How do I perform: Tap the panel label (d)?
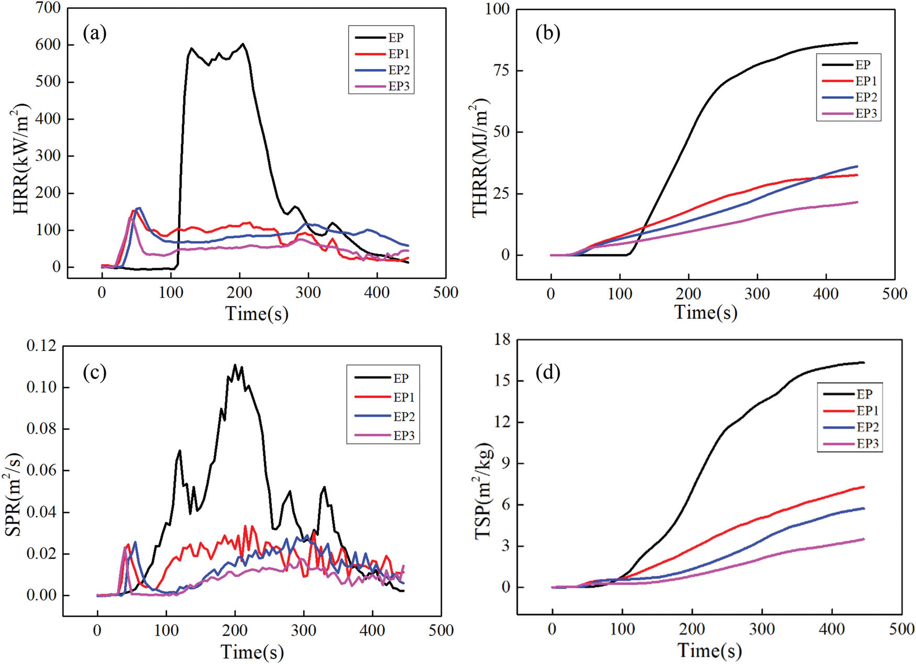pos(548,372)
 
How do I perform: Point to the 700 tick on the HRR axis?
pos(48,8)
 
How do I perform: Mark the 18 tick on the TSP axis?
pos(502,339)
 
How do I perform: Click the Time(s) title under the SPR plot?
pos(252,652)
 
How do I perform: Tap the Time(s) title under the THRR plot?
pos(706,313)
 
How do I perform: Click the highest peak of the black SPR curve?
pos(235,365)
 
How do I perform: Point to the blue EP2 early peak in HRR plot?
pos(139,208)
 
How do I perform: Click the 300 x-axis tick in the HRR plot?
pos(308,293)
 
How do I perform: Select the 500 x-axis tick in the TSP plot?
pos(901,629)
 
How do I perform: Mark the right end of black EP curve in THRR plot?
pos(857,43)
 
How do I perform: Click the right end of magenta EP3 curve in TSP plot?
pos(863,539)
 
